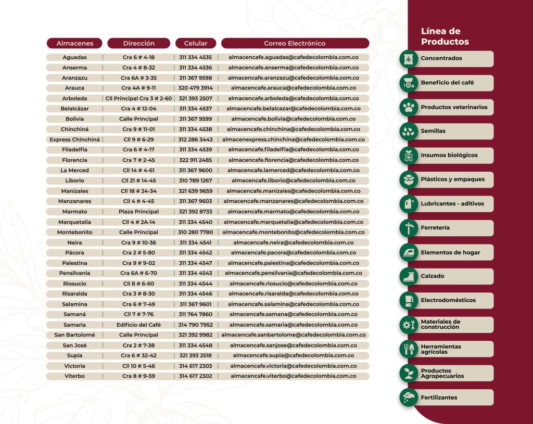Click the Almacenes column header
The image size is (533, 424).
coord(75,43)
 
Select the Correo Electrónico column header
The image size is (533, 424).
coord(295,43)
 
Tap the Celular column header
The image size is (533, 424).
coord(196,43)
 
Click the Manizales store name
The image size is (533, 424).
coord(74,191)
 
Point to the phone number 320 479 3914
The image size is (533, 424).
coord(195,88)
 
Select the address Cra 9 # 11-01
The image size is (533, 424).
coord(138,129)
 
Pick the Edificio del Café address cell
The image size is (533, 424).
coord(138,325)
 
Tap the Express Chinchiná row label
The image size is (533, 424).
coord(74,139)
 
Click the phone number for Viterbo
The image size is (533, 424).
coord(195,376)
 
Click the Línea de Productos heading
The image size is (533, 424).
coord(445,37)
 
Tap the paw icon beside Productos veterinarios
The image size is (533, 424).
coord(409,107)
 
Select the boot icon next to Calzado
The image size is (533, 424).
coord(409,276)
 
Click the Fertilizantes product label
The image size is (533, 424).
coord(439,397)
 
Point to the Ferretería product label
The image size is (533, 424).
coord(435,228)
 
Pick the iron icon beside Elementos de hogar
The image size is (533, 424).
coord(409,252)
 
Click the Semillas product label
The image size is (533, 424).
coord(433,131)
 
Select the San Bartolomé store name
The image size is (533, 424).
coord(74,335)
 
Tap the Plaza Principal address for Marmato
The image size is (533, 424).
coord(138,212)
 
